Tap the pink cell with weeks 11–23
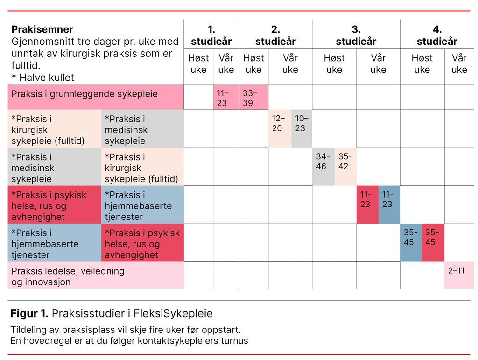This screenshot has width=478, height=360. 226,98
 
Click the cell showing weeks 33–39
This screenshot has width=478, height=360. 253,98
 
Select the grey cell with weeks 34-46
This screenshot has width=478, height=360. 323,167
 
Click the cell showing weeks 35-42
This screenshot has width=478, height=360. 345,167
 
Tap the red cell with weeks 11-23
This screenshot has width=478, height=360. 367,205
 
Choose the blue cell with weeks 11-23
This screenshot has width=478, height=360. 389,205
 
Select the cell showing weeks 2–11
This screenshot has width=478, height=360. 458,275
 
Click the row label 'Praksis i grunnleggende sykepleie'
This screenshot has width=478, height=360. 84,94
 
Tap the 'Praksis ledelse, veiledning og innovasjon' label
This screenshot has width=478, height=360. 68,276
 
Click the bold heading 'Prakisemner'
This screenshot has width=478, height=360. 42,30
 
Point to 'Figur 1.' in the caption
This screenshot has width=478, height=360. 29,313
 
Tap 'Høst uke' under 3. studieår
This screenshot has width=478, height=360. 334,64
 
